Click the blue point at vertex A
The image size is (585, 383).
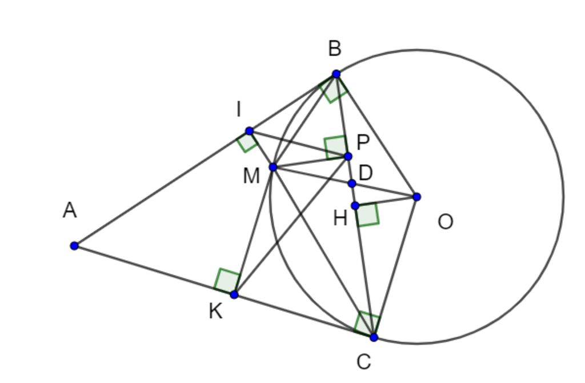coord(74,246)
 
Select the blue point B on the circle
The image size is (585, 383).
coord(336,74)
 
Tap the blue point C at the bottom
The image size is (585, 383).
coord(374,337)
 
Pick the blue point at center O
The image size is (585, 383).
coord(416,197)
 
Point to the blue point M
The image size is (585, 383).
coord(273,167)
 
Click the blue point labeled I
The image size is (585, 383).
coord(249,131)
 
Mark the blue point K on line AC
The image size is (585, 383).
coord(234,294)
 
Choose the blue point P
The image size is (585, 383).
coord(348,156)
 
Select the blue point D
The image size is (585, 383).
coord(352,183)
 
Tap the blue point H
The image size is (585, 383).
coord(355,206)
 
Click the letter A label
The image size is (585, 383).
coord(70,211)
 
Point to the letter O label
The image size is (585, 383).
coord(446,222)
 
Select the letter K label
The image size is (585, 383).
coord(215,312)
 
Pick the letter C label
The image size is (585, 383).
coord(363,362)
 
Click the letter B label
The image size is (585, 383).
coord(335,49)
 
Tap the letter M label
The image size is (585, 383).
coord(251,177)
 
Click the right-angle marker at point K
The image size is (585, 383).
coord(227,281)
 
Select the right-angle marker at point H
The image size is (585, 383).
coord(368,214)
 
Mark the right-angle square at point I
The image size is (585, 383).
coord(247,142)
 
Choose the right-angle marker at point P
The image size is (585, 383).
coord(336,147)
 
